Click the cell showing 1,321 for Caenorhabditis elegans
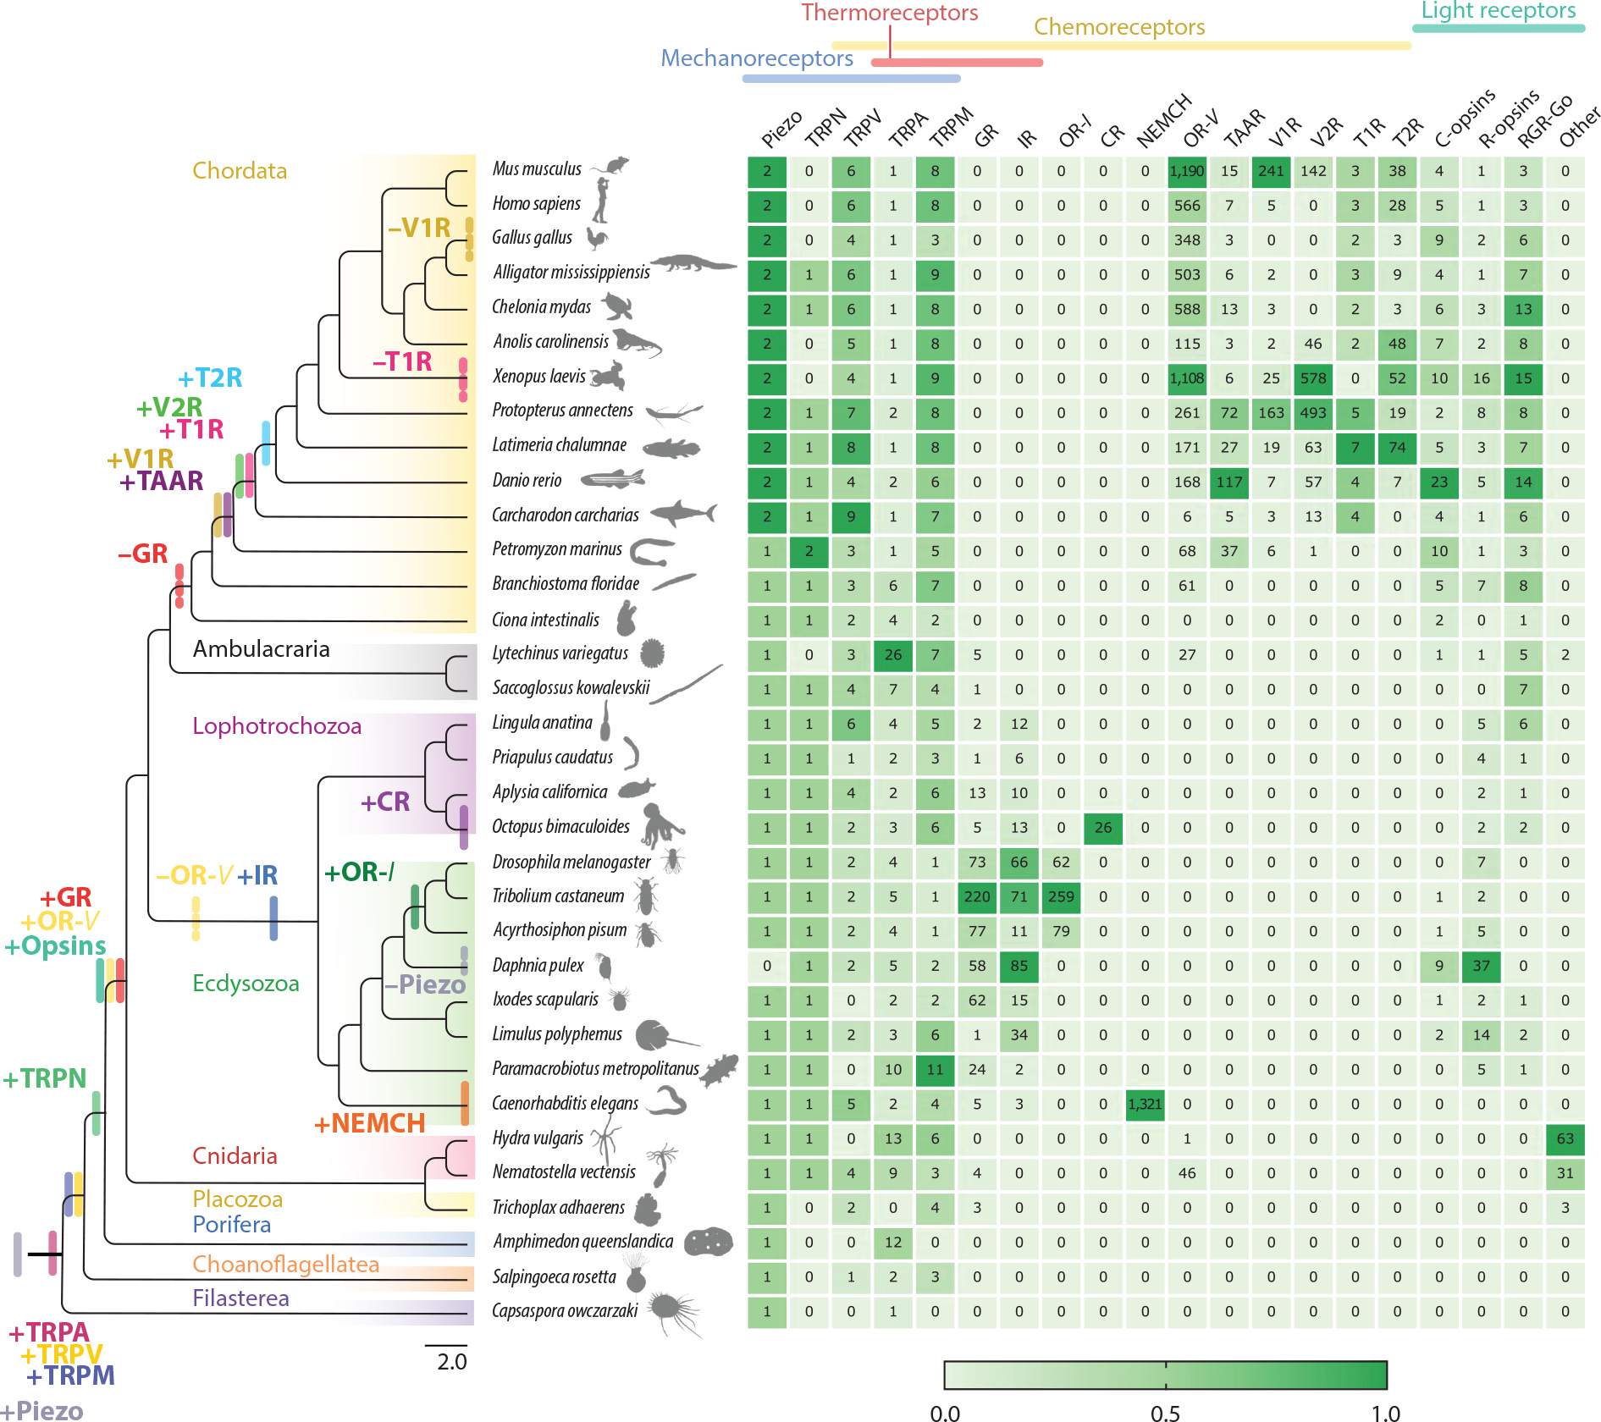[x=1145, y=1104]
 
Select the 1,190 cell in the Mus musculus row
[x=1186, y=171]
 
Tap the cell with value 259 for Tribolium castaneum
[x=1061, y=896]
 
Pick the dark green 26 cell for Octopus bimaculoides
[x=1102, y=827]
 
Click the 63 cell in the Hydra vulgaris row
[x=1565, y=1138]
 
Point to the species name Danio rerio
[x=527, y=481]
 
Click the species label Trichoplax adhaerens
[x=558, y=1207]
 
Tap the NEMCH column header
[x=1163, y=121]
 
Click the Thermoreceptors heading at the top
[x=889, y=13]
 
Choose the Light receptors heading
[x=1498, y=10]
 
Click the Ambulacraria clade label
[x=261, y=649]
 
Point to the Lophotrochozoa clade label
[x=277, y=726]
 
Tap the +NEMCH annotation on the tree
[x=369, y=1123]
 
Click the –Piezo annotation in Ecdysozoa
[x=424, y=984]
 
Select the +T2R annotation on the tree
[x=210, y=378]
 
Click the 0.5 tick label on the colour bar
[x=1165, y=1413]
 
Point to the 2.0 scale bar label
[x=451, y=1361]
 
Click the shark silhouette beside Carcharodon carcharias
[x=684, y=513]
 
